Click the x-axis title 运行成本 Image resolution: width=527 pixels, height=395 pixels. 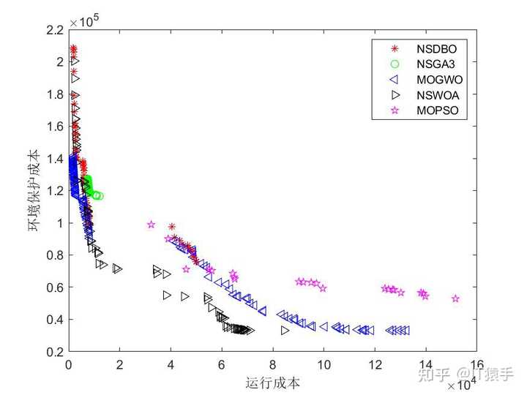coord(273,382)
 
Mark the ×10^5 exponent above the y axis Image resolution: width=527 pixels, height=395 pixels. coord(84,20)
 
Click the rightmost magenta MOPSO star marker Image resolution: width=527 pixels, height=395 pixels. coord(455,298)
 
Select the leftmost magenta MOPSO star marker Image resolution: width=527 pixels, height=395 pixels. coord(152,225)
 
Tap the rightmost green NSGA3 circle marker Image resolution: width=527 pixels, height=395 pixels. coord(100,195)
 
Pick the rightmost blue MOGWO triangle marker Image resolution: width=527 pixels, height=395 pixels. coord(405,331)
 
